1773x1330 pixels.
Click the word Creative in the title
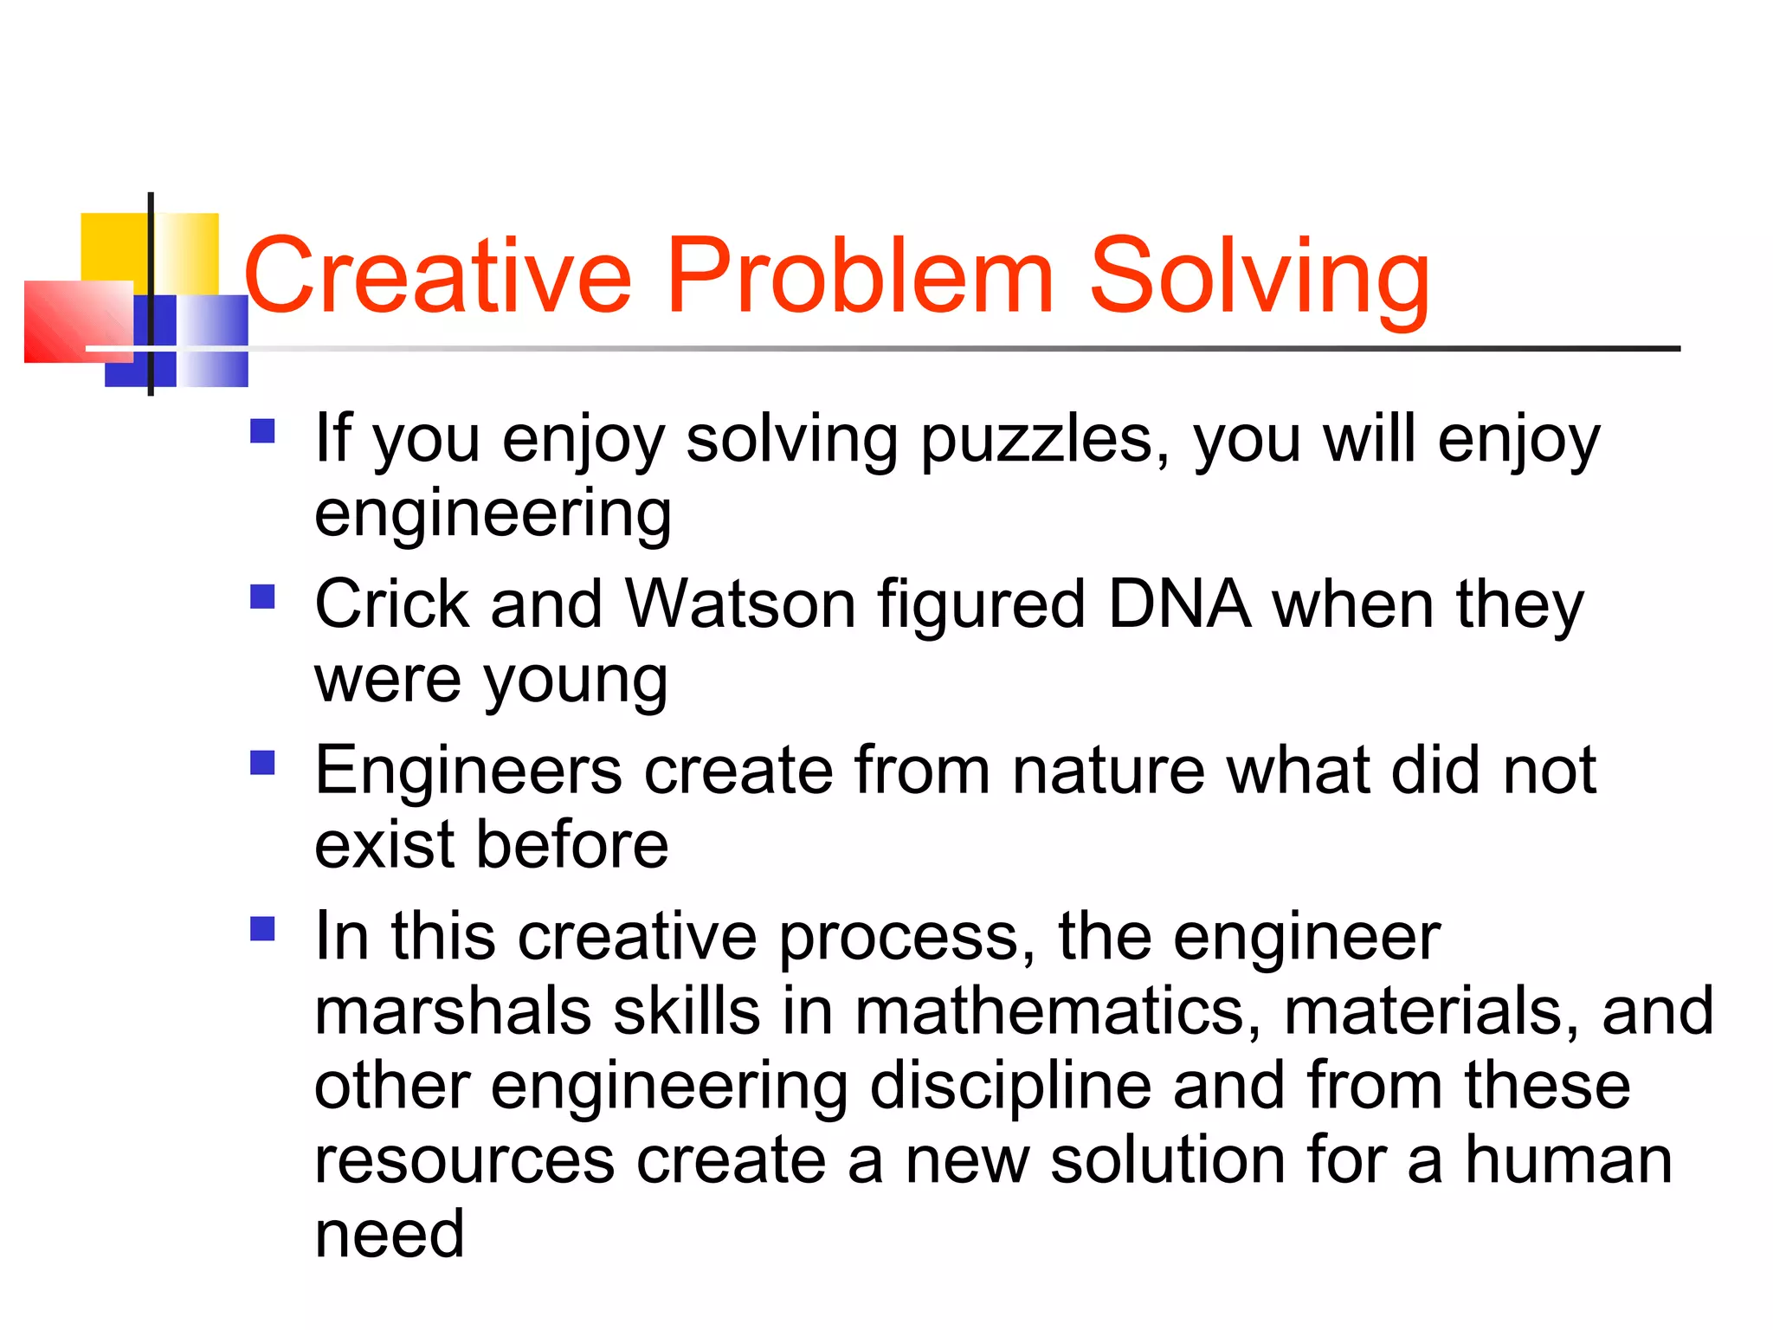(x=438, y=277)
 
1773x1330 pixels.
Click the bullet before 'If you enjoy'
(x=262, y=431)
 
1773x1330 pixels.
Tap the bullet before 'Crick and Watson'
(x=262, y=597)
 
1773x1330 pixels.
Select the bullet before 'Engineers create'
(x=262, y=763)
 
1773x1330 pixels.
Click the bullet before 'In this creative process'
(x=262, y=929)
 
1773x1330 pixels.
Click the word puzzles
(x=1044, y=442)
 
